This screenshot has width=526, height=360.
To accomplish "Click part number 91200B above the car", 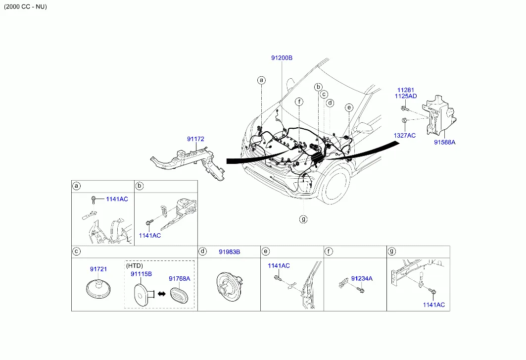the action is (x=282, y=58).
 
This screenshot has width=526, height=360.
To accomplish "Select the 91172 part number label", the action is (x=195, y=139).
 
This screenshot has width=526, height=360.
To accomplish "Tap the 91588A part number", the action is (x=444, y=142).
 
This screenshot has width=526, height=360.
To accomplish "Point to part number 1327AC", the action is (x=405, y=135).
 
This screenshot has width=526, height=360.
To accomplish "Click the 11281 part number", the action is (x=406, y=90).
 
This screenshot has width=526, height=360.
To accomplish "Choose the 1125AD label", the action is (x=406, y=96).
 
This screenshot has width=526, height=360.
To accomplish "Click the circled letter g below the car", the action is (x=303, y=219).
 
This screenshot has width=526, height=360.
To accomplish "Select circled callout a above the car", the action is (x=261, y=80).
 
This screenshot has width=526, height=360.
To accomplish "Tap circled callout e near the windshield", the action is (x=349, y=107).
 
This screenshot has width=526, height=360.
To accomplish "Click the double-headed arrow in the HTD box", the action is (x=162, y=294).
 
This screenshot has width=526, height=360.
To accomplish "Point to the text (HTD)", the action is (x=135, y=265).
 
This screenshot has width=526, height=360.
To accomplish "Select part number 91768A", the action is (x=180, y=278).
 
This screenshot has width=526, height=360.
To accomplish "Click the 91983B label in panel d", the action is (x=230, y=252).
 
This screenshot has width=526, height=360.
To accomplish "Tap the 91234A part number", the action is (x=362, y=278).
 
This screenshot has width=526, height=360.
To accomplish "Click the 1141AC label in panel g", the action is (x=434, y=305).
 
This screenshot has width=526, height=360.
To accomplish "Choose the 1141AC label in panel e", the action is (x=279, y=265).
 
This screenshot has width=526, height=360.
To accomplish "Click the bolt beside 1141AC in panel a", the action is (x=94, y=200).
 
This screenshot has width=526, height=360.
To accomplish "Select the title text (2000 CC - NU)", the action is (x=26, y=7).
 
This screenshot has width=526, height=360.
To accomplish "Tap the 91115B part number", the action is (x=141, y=274).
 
